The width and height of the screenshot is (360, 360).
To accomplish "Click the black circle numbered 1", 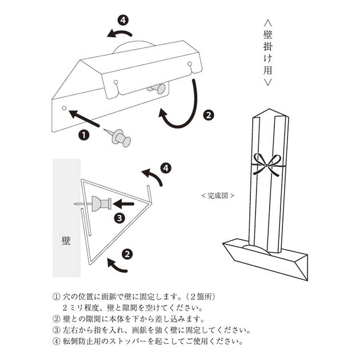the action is click(x=83, y=135).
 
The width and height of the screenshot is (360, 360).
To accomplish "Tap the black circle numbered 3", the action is click(x=119, y=217).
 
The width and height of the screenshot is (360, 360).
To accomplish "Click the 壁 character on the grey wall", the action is click(x=66, y=240).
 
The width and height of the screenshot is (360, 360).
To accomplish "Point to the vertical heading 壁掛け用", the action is click(x=269, y=54).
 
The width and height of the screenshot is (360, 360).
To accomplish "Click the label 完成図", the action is click(x=218, y=195).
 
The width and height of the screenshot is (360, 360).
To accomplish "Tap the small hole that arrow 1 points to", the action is click(x=65, y=108).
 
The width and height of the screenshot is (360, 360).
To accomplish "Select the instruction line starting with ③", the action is click(x=151, y=330).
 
